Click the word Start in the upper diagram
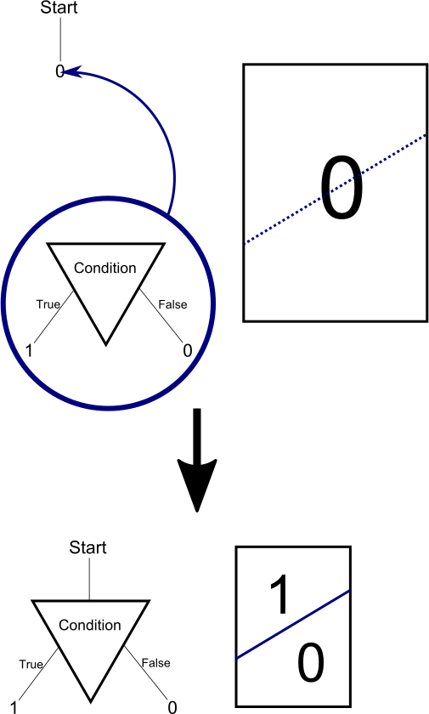click(x=59, y=8)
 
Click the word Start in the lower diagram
click(x=87, y=547)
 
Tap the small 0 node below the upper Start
click(x=59, y=71)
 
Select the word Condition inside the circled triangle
click(x=105, y=268)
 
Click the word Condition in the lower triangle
click(x=90, y=625)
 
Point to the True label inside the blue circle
click(x=48, y=304)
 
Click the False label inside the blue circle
click(x=172, y=304)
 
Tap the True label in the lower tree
click(x=31, y=664)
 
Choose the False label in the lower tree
click(x=155, y=663)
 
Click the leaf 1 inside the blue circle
click(x=29, y=351)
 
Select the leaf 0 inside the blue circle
click(x=188, y=350)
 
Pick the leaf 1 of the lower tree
click(x=14, y=707)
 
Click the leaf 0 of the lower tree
click(x=172, y=707)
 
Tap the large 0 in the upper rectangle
click(x=342, y=188)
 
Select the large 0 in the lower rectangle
click(x=311, y=662)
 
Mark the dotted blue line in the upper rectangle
click(x=336, y=190)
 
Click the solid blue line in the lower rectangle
click(x=293, y=624)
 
